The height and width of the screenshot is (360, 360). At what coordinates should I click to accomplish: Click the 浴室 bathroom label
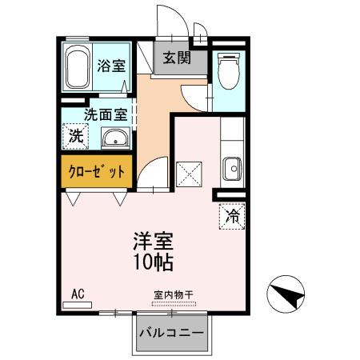111,66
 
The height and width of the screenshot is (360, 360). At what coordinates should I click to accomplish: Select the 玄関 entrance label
176,58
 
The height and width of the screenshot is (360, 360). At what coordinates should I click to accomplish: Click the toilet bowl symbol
229,70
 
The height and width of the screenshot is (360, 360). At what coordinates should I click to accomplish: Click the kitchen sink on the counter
232,169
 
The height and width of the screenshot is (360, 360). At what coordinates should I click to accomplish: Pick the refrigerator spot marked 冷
230,214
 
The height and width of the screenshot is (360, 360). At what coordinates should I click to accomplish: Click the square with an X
189,172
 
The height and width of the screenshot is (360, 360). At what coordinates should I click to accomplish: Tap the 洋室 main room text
152,241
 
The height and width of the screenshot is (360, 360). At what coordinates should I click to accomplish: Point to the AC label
78,294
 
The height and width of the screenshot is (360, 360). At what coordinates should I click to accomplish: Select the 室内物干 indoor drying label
174,294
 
